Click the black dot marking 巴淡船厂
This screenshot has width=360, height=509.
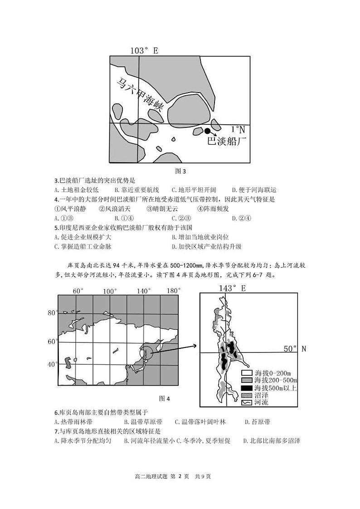point(208,131)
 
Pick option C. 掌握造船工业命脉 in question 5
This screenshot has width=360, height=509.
point(83,246)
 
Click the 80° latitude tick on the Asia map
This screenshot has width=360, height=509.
point(53,313)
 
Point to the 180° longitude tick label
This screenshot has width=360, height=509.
point(174,291)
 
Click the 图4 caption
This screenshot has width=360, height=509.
point(164,399)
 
